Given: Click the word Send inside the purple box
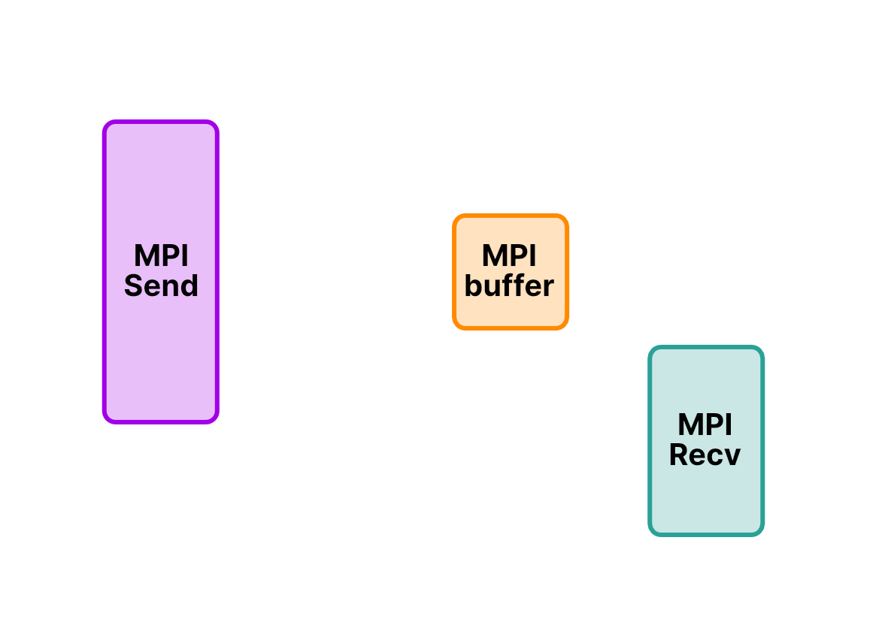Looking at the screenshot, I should tap(161, 286).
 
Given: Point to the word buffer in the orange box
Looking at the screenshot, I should tap(510, 286).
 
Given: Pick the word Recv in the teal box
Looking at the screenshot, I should tap(705, 455).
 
